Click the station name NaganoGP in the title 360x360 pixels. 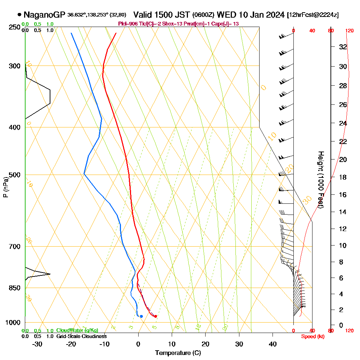click(44, 15)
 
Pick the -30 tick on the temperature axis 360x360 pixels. click(37, 344)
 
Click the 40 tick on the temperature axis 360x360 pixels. click(273, 344)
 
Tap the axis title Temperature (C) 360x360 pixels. click(178, 353)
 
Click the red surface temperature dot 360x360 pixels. click(156, 316)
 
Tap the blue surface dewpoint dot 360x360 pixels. click(141, 316)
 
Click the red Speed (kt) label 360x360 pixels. click(312, 337)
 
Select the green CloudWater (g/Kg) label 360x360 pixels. click(77, 330)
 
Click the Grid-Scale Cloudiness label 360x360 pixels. click(81, 336)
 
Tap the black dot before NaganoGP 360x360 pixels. click(19, 15)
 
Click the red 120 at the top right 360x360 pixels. click(349, 31)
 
